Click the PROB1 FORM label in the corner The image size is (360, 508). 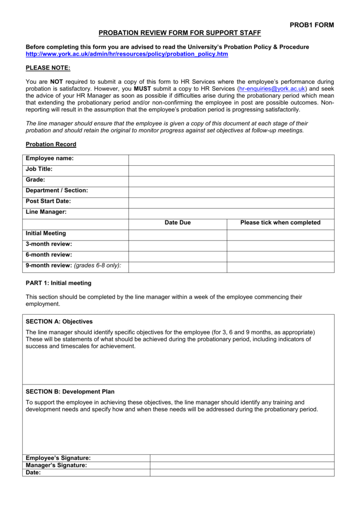[x=311, y=25]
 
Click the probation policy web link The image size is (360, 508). [x=127, y=54]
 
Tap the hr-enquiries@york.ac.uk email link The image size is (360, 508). [x=272, y=88]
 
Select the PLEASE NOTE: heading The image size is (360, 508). [x=48, y=67]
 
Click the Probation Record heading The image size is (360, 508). [x=51, y=144]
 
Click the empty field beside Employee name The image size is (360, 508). [x=231, y=159]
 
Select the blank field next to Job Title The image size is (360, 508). [x=231, y=170]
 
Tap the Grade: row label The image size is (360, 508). [x=35, y=180]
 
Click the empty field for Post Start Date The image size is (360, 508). [x=231, y=202]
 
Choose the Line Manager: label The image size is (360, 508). [x=46, y=212]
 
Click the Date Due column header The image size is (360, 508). [x=178, y=223]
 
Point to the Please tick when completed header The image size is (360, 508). [x=281, y=223]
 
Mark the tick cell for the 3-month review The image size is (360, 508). [x=281, y=245]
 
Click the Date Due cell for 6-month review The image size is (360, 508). [x=178, y=256]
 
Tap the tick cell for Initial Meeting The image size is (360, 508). [x=281, y=234]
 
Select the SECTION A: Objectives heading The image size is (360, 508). [x=59, y=321]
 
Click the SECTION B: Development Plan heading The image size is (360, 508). [x=70, y=392]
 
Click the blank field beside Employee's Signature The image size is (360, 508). [x=242, y=458]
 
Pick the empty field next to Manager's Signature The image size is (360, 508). [x=242, y=466]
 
